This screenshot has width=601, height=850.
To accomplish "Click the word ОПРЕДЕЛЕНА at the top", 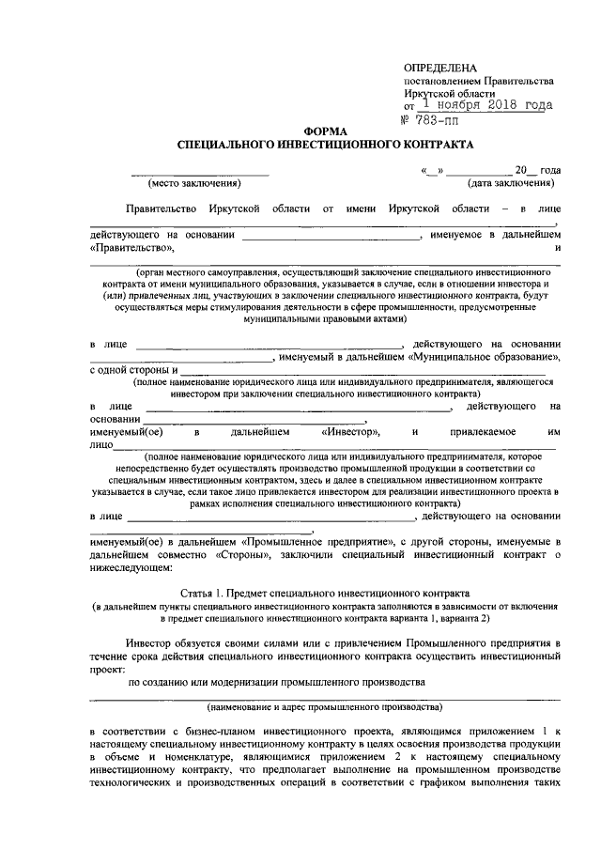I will (x=439, y=68).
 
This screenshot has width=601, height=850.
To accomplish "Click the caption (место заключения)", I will (x=198, y=182).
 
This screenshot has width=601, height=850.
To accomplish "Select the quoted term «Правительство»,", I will (x=132, y=248).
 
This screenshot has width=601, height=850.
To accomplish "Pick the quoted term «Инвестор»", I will (x=349, y=431).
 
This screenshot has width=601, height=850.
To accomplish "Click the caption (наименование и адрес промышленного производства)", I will (x=324, y=706).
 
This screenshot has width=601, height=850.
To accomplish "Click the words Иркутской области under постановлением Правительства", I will (x=449, y=94).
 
